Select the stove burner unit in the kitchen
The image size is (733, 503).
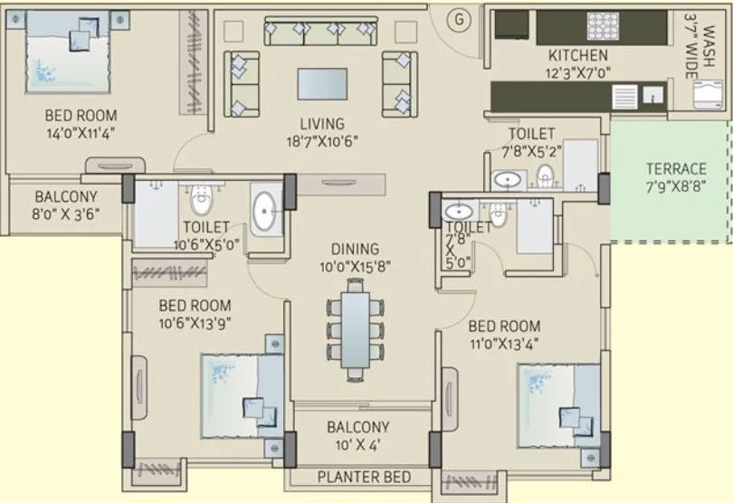[x=602, y=24]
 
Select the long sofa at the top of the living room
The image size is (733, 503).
[x=320, y=33]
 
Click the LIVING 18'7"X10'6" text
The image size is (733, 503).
[x=323, y=132]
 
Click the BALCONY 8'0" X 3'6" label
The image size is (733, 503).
[x=66, y=206]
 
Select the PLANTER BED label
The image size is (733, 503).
[x=364, y=477]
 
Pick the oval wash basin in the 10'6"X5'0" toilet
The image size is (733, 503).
[x=265, y=212]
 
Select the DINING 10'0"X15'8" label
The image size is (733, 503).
[x=355, y=258]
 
